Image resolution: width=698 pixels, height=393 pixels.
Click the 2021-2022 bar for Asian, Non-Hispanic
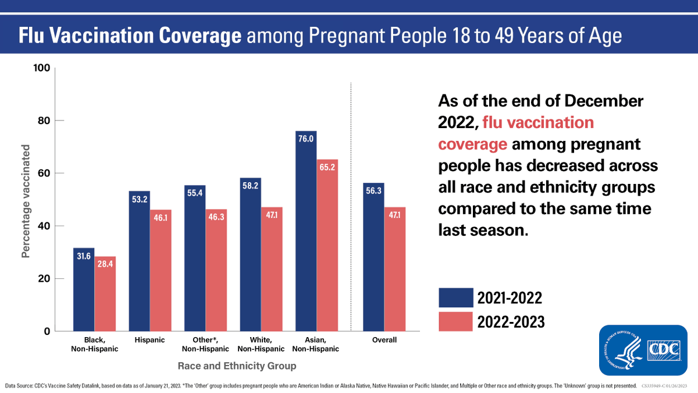(306, 233)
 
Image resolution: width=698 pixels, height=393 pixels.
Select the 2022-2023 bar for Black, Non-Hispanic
(105, 294)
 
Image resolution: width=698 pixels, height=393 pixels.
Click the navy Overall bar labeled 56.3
(373, 259)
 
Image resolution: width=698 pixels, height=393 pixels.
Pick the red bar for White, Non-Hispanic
(272, 271)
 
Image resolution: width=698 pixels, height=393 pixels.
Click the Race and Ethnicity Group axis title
(237, 366)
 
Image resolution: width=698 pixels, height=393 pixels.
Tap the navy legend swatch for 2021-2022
(455, 298)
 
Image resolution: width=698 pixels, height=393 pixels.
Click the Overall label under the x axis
(384, 340)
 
